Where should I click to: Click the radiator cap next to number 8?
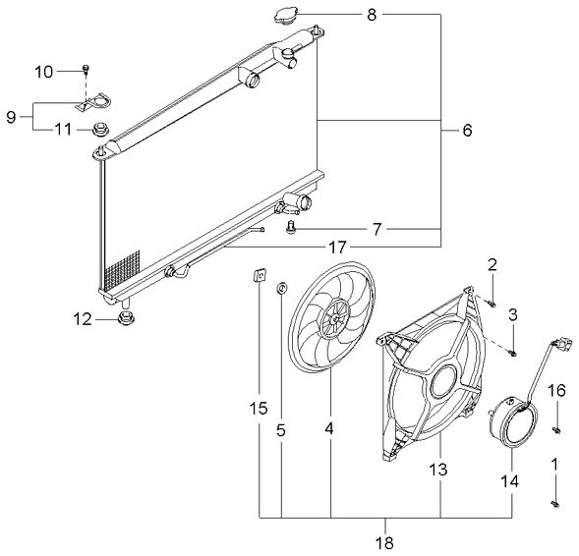click(287, 17)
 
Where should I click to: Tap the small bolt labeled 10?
click(87, 69)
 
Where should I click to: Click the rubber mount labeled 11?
click(99, 129)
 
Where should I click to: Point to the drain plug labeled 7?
click(291, 229)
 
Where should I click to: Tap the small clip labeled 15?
click(259, 276)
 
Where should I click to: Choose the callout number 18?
click(385, 541)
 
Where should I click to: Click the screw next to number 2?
click(492, 301)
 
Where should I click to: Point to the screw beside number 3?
click(511, 351)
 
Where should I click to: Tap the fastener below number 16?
click(556, 427)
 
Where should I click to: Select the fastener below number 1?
click(554, 503)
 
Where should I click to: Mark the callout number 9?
click(12, 117)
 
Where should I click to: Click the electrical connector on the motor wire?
click(561, 345)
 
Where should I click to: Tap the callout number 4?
click(330, 430)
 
